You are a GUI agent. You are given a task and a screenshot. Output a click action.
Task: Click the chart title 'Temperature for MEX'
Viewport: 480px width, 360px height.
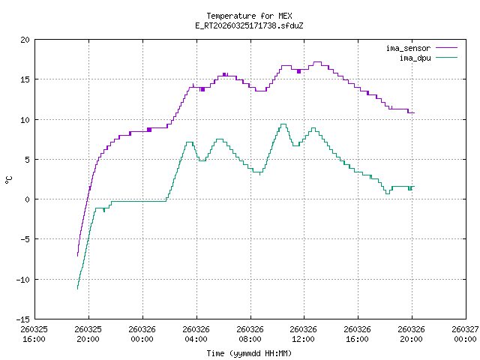(x=248, y=16)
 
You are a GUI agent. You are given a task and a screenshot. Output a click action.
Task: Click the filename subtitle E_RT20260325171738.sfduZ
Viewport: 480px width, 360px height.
(x=248, y=25)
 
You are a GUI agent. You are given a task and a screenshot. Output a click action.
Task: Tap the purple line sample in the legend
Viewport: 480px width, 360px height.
(x=445, y=48)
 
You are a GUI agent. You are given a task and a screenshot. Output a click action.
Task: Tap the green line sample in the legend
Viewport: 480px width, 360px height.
(x=445, y=57)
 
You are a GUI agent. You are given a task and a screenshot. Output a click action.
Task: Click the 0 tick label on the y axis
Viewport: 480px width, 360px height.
(x=28, y=199)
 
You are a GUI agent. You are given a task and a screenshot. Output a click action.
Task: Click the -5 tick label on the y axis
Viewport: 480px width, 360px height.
(x=25, y=239)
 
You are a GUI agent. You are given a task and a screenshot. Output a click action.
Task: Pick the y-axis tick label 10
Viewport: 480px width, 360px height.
(x=25, y=120)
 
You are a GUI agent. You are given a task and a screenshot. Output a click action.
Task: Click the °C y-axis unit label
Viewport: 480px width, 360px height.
(x=9, y=179)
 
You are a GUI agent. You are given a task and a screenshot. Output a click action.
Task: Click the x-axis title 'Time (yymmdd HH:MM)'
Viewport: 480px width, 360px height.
(x=248, y=352)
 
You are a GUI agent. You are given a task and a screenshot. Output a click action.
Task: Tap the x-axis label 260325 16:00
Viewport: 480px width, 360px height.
(x=34, y=334)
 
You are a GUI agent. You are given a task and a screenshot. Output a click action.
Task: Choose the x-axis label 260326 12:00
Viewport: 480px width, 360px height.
(x=303, y=334)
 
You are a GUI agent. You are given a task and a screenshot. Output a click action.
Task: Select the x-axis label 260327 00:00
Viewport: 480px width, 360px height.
(x=465, y=334)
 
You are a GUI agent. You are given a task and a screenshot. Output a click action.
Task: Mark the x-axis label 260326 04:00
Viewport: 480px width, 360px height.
(x=196, y=334)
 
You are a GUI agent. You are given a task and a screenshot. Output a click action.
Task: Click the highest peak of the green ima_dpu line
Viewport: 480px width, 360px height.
(x=283, y=124)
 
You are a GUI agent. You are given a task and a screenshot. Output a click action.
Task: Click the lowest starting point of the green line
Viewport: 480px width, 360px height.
(x=77, y=289)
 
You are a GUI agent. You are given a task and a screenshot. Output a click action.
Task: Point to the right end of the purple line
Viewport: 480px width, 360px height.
(x=413, y=112)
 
